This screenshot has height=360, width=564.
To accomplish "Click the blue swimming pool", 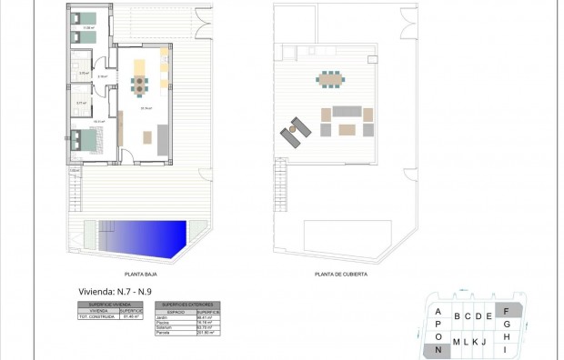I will point(146,239).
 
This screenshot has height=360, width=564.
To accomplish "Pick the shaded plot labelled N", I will point(438,349).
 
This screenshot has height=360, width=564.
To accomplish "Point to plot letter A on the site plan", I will point(438,312).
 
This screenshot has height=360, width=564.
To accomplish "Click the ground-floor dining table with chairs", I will point(138,85).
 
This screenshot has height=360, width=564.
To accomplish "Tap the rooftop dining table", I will point(327,80).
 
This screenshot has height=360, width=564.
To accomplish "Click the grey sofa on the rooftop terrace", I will point(346,112).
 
